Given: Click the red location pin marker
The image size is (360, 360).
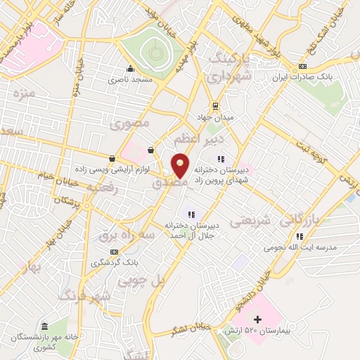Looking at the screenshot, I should (181, 166).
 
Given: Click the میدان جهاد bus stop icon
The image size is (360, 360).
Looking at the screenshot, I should (214, 106).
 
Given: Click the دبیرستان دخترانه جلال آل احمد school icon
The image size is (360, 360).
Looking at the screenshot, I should (190, 214).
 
